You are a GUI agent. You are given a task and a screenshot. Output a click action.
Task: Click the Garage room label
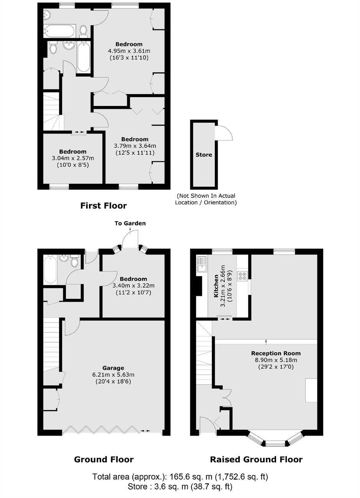(113, 368)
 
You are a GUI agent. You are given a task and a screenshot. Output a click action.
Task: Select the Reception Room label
(276, 353)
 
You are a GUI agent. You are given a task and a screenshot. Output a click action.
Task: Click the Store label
(204, 155)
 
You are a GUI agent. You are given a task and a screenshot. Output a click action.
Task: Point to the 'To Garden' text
(130, 223)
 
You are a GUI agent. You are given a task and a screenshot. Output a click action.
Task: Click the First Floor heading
(103, 206)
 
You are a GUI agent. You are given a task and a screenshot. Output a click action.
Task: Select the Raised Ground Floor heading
(256, 459)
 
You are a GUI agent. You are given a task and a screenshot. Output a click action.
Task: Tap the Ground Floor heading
(103, 459)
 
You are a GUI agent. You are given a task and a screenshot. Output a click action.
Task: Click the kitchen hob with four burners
(243, 276)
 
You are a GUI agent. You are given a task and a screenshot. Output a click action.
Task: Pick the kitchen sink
(201, 264)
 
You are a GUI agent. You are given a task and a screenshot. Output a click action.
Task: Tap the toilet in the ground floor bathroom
(75, 261)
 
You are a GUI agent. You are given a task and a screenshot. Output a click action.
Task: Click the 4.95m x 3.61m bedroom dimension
(129, 51)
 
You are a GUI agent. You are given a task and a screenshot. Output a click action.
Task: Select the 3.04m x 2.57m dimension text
(73, 158)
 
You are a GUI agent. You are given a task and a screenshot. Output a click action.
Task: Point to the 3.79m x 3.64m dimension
(135, 145)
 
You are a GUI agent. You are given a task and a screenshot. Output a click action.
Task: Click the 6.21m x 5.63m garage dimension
(113, 375)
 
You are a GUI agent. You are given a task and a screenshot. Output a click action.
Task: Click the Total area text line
(180, 477)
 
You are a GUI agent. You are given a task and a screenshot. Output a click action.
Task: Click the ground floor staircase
(51, 345)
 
